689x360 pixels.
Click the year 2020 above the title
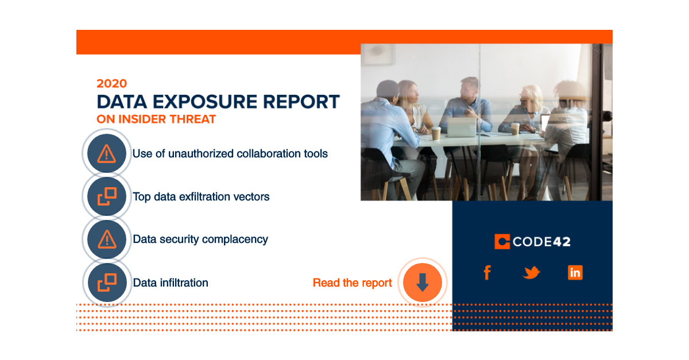(111, 83)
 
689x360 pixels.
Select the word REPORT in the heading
(302, 102)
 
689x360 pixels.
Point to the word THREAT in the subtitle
(195, 119)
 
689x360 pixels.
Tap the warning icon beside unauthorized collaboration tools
(106, 153)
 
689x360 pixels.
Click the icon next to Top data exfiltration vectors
(106, 196)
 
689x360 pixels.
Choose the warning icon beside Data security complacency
(106, 239)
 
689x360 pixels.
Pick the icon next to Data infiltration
(106, 282)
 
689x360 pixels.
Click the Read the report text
(352, 282)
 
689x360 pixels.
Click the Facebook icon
(487, 272)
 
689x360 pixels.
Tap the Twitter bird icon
(531, 273)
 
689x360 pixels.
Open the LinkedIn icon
(575, 272)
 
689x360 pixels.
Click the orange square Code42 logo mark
(502, 242)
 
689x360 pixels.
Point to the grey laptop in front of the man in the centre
(462, 127)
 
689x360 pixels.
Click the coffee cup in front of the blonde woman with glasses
(515, 129)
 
